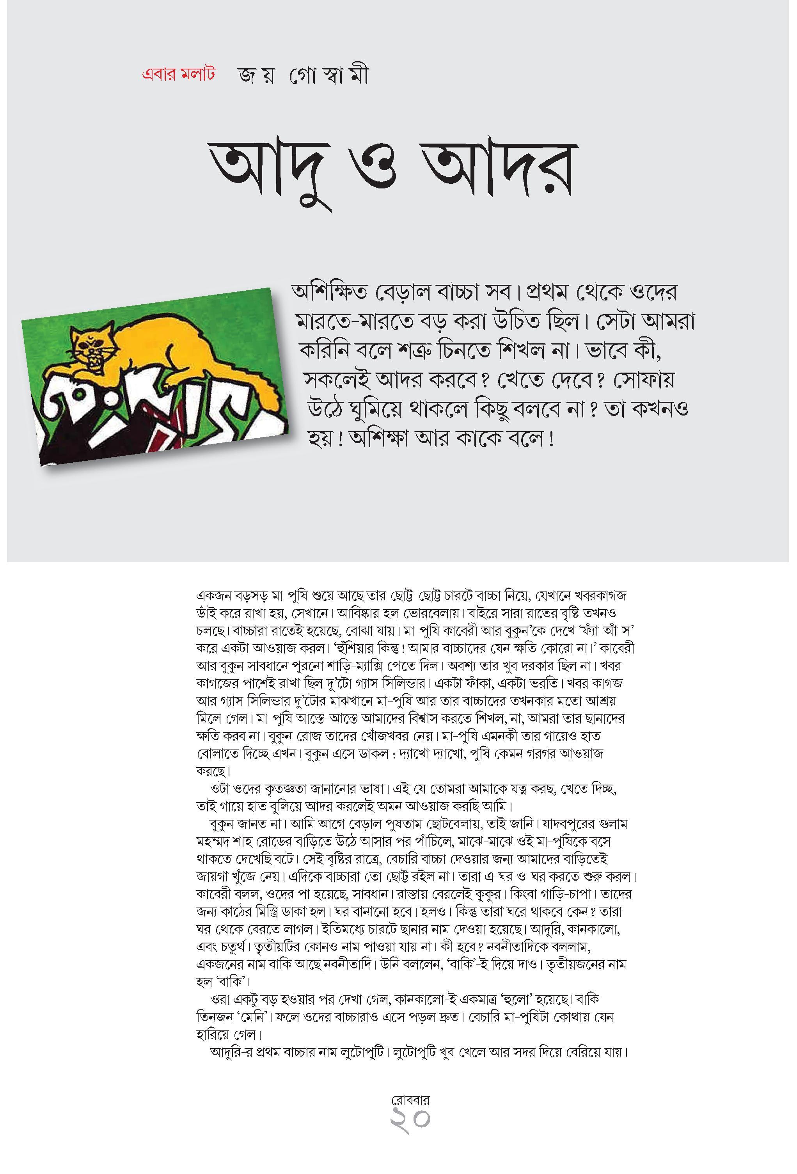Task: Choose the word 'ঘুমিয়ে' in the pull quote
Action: (374, 410)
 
